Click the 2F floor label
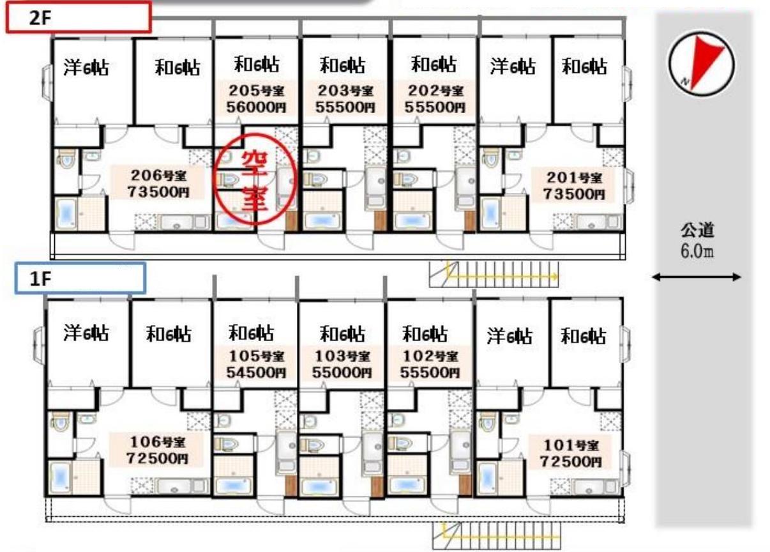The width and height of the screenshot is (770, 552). tap(40, 18)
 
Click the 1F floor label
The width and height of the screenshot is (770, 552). tap(41, 279)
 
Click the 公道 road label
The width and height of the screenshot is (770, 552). tap(697, 231)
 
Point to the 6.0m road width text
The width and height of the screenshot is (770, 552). tap(697, 252)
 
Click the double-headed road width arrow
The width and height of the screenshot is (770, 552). tap(697, 277)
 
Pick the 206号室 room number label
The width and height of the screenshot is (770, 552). tap(158, 176)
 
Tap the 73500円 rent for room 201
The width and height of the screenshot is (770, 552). tap(574, 194)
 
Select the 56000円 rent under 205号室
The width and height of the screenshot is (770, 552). tap(256, 107)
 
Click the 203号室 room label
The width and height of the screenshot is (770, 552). tap(345, 91)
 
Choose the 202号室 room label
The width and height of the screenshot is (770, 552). tap(435, 91)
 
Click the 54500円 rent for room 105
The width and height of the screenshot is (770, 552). tap(256, 372)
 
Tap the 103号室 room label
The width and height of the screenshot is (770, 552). tap(342, 356)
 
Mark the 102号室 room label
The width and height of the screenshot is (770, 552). tap(430, 356)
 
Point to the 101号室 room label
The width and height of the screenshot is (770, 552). tap(571, 445)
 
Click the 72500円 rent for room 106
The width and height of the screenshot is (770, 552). tap(158, 459)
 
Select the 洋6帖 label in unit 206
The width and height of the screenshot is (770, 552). tap(86, 68)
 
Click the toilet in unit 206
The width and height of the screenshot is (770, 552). tap(66, 158)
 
